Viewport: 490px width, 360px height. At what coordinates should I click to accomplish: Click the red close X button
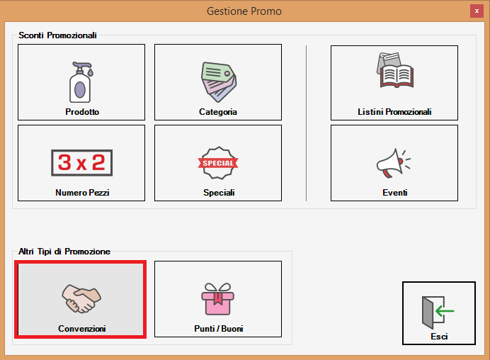point(477,11)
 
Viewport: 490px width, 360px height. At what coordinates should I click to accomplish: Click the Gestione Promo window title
point(244,11)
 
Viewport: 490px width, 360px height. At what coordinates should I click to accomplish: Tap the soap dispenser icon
point(81,82)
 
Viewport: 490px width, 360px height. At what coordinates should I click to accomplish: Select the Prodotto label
point(82,112)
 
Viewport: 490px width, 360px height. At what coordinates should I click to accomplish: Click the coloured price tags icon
point(218,82)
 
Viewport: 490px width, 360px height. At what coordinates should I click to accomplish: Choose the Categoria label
point(218,112)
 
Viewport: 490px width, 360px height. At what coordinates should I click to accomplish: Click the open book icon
point(395,70)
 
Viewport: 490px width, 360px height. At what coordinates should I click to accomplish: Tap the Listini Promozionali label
point(394,112)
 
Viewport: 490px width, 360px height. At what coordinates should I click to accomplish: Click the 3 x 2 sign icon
point(82,163)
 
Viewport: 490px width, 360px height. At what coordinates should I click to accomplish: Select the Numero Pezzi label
point(82,192)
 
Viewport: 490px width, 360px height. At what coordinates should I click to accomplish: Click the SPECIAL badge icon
point(218,163)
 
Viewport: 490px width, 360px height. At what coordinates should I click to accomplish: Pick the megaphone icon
point(394,163)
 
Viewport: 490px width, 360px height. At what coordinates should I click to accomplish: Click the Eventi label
point(394,192)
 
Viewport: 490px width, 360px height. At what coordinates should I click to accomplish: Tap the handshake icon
point(81,298)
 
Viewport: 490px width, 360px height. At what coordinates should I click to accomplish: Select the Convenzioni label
point(82,328)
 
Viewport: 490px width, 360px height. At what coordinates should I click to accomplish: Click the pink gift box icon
point(218,298)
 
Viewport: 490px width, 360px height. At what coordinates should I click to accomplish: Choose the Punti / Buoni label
point(218,328)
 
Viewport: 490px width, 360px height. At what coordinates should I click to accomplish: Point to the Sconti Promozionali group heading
point(57,35)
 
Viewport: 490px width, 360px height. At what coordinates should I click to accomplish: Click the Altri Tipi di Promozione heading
point(64,252)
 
